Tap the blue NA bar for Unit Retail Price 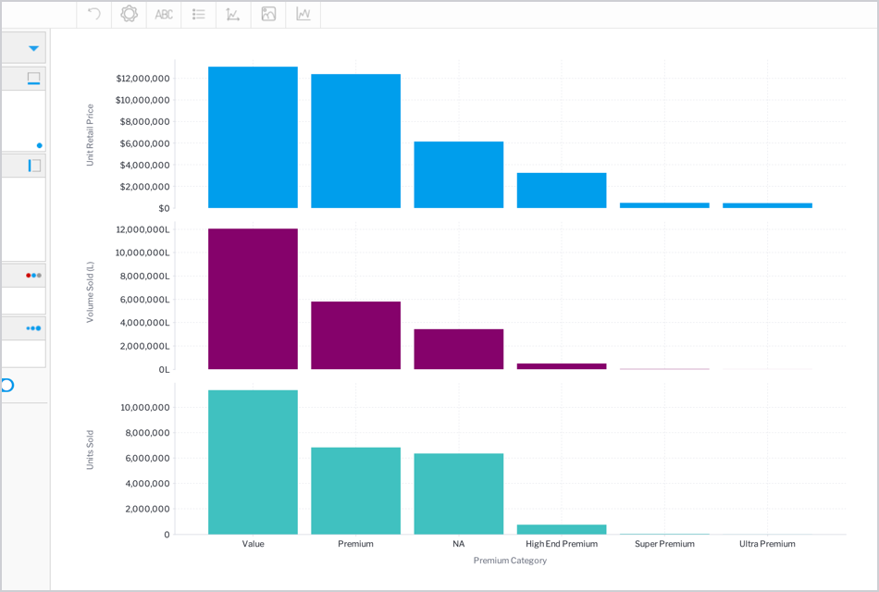click(458, 175)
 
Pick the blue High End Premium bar click(561, 191)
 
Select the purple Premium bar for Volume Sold click(355, 335)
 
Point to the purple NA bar click(458, 349)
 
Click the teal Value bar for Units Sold click(253, 462)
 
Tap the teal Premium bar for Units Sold click(355, 490)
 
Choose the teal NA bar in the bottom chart click(458, 493)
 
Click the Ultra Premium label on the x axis click(767, 544)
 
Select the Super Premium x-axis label click(664, 544)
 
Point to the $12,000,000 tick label click(142, 79)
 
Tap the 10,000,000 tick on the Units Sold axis click(145, 408)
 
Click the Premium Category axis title click(510, 561)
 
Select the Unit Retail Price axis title click(91, 135)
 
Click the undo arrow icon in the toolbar click(93, 14)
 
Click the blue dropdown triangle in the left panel click(34, 48)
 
